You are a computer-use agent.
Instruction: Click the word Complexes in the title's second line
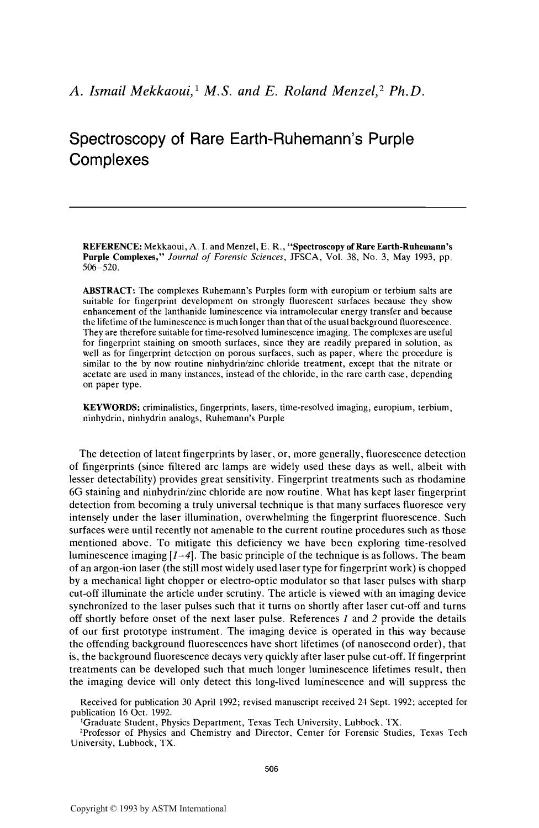coord(109,160)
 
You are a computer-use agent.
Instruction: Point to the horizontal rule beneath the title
coord(268,207)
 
